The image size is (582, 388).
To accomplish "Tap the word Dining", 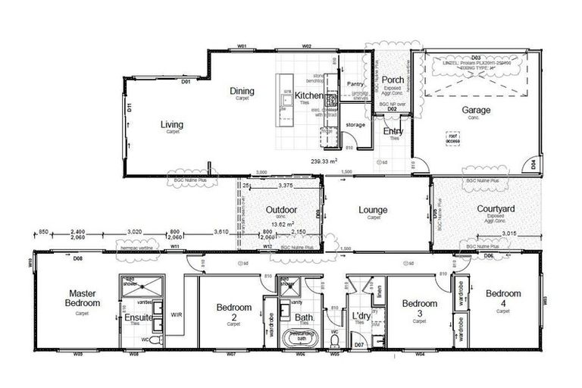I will [x=242, y=92].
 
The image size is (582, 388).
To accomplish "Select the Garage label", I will [x=476, y=110].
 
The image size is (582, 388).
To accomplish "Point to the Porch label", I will [x=393, y=80].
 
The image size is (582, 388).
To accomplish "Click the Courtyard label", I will [x=496, y=209].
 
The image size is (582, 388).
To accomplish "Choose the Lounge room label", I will [x=373, y=210].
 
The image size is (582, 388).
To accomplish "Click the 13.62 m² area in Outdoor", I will [x=280, y=224].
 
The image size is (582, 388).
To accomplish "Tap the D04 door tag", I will [x=533, y=163].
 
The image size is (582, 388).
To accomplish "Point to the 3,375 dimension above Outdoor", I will [x=286, y=185].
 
